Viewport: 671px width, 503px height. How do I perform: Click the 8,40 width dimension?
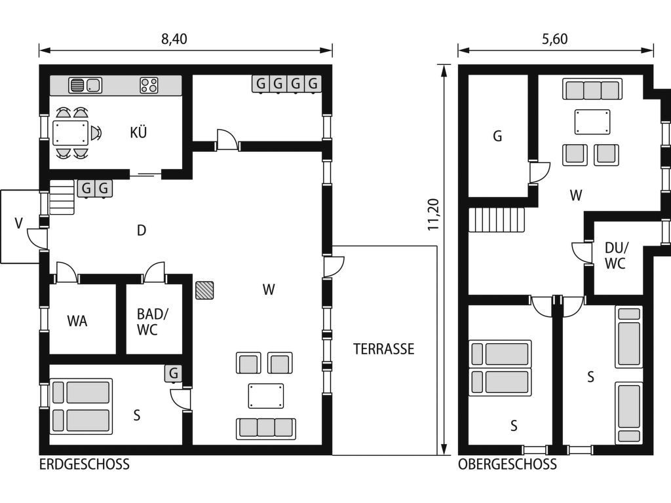[174, 39]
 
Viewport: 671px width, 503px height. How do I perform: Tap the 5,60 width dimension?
[554, 39]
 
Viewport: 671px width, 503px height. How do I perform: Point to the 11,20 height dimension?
[434, 214]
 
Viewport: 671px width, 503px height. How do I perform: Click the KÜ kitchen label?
[138, 132]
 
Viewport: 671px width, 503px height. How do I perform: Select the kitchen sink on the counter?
[85, 85]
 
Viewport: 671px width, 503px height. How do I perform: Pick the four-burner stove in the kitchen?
[149, 85]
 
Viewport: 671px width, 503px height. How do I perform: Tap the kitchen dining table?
[70, 132]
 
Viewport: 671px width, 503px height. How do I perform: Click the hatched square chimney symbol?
[204, 290]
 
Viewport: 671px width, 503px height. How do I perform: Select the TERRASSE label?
[383, 349]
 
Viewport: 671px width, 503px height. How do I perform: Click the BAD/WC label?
[152, 322]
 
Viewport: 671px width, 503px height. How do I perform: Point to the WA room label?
[77, 321]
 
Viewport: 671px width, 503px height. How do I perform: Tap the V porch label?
[18, 223]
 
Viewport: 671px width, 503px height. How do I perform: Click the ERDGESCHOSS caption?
[85, 464]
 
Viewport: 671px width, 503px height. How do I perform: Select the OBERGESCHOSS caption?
[508, 464]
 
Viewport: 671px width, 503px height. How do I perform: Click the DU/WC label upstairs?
[616, 255]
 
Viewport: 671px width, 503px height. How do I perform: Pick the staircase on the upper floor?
[497, 219]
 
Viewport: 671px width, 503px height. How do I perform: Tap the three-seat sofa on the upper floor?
[592, 90]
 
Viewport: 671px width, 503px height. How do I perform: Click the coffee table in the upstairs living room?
[592, 122]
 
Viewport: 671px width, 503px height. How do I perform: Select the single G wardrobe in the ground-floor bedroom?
[173, 373]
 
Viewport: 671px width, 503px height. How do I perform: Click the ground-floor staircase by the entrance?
[62, 196]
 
